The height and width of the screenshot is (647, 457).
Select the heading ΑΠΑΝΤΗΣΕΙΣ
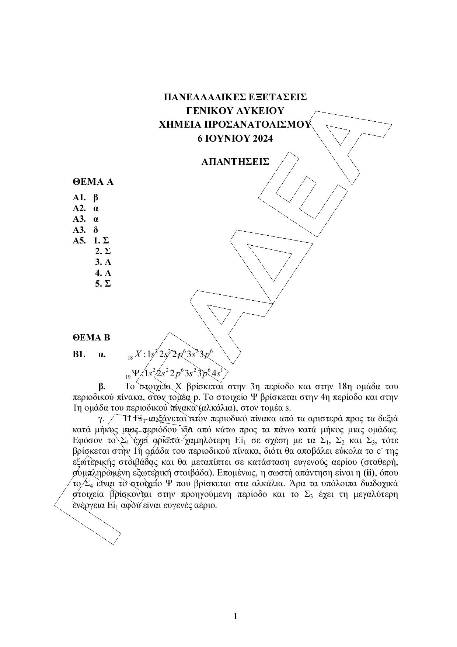[x=235, y=162]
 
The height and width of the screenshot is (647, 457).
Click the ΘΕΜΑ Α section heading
[x=93, y=182]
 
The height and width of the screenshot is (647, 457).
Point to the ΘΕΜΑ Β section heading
[x=91, y=338]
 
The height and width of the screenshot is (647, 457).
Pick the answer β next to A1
[x=96, y=197]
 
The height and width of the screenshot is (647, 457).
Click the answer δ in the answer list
[x=96, y=230]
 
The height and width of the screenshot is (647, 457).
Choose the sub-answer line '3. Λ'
[x=103, y=262]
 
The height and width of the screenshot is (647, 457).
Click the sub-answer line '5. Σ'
[x=103, y=284]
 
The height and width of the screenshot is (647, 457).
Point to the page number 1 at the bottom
[x=236, y=616]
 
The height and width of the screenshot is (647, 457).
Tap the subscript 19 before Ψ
[x=128, y=377]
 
